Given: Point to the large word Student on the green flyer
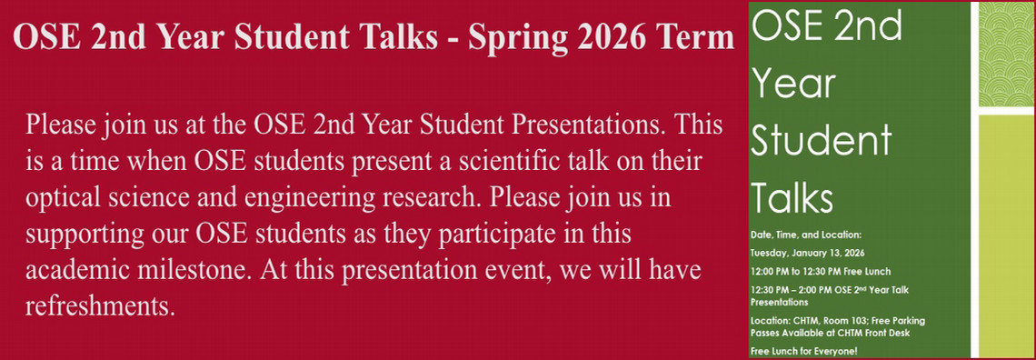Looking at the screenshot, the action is tap(822, 140).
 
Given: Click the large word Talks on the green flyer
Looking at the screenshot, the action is tap(792, 195).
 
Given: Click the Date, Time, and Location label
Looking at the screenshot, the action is tap(806, 235).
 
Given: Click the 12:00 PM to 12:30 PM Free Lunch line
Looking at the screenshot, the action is tap(821, 271).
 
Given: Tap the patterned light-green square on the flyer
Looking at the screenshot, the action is tap(1006, 55).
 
